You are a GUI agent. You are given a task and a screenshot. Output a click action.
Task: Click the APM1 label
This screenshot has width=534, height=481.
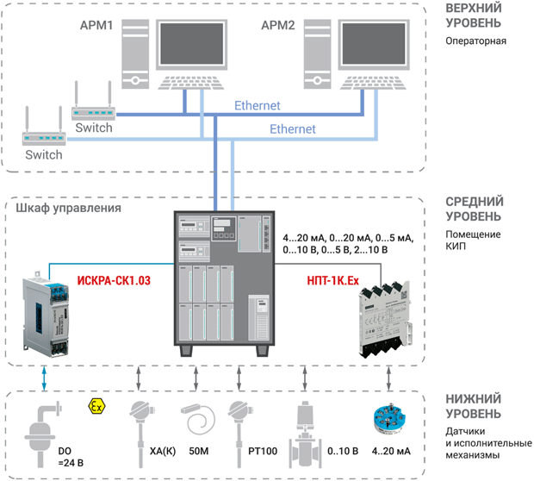(x=96, y=25)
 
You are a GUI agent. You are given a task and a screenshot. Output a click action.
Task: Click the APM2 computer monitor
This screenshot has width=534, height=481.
(x=374, y=45)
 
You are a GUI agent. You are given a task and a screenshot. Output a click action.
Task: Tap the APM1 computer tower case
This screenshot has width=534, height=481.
(x=135, y=53)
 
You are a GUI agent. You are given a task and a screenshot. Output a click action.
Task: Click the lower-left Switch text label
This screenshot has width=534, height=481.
(x=44, y=155)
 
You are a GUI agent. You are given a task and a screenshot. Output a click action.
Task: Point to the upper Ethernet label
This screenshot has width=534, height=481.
(x=258, y=105)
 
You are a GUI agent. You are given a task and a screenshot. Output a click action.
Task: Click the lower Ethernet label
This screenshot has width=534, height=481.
(x=293, y=128)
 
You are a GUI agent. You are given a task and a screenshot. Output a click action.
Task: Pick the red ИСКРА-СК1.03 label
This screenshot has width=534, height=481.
(x=114, y=280)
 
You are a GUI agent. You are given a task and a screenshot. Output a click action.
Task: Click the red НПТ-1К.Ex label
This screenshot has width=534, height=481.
(x=332, y=280)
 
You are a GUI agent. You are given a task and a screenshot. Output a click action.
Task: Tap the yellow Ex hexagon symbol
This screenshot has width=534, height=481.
(x=96, y=407)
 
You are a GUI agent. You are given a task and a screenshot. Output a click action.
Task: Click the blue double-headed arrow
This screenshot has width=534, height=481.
(x=44, y=378)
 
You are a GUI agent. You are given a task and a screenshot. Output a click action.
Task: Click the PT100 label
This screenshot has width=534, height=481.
(x=263, y=451)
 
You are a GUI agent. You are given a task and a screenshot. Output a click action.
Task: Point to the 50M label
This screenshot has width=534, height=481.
(x=199, y=451)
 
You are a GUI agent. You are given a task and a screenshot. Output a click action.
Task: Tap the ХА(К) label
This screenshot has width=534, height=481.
(x=163, y=451)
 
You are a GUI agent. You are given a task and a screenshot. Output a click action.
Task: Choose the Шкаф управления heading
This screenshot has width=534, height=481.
(x=68, y=208)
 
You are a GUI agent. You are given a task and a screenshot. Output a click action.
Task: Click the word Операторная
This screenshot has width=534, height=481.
(x=475, y=41)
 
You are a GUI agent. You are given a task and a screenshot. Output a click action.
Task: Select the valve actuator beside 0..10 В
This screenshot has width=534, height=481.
(x=304, y=434)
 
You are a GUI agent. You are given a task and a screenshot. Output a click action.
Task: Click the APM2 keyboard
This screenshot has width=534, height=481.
(x=373, y=83)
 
